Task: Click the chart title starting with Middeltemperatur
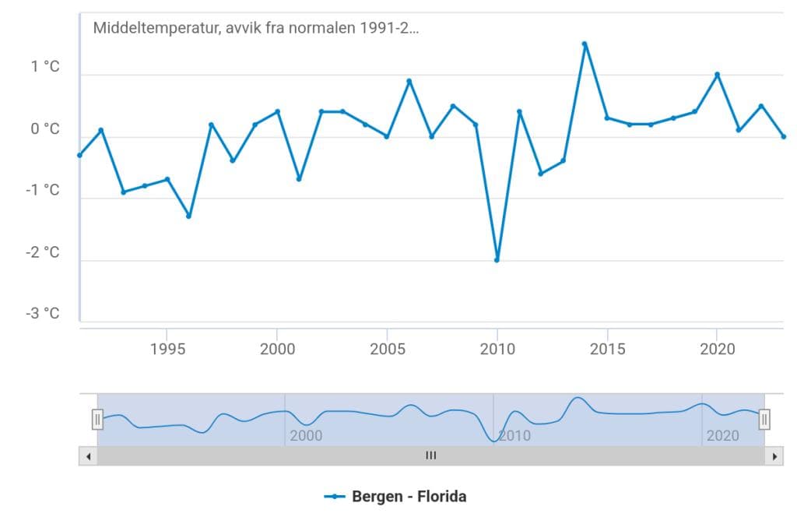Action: point(256,29)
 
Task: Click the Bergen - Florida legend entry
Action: point(396,496)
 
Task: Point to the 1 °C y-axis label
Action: point(45,68)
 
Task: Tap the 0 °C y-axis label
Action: point(45,129)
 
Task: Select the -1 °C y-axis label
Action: point(42,191)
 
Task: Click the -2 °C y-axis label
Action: point(42,252)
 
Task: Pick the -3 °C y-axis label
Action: point(42,314)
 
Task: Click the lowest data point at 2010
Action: point(497,260)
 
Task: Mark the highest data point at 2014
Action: point(585,44)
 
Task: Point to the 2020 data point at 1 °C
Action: point(717,75)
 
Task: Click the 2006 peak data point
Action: point(409,81)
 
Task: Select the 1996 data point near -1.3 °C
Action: point(188,216)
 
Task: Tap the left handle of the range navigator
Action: point(97,420)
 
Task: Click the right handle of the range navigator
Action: point(764,420)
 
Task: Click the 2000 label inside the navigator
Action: point(306,435)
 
